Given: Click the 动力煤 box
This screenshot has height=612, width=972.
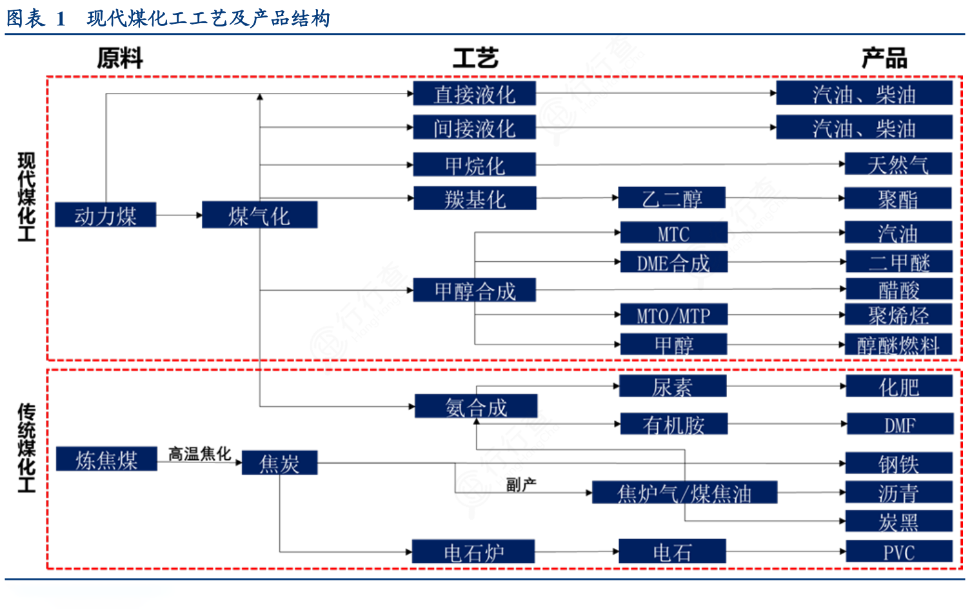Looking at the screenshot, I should (105, 215).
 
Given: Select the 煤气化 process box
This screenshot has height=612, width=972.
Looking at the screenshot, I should (259, 215).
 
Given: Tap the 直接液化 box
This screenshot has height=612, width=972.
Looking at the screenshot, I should (474, 94).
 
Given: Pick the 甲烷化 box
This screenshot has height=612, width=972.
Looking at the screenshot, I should (474, 164).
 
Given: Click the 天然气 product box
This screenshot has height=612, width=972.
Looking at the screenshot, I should (898, 164).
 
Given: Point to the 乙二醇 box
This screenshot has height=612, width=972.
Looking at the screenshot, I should (671, 197).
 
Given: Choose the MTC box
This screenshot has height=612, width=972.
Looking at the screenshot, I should (673, 233).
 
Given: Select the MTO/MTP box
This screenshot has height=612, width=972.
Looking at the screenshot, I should (673, 315).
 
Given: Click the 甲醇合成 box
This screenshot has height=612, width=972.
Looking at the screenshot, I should (475, 290).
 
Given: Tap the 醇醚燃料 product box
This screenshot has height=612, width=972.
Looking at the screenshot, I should (898, 344).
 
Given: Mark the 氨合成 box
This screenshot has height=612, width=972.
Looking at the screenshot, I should (476, 406).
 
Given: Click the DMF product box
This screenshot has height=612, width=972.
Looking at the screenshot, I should (900, 424).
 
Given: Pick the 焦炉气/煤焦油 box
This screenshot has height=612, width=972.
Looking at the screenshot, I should (684, 493).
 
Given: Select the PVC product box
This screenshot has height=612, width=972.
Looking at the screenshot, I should (899, 552).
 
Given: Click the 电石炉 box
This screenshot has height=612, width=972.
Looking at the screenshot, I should (473, 552).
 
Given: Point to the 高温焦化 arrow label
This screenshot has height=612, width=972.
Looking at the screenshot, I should (199, 453).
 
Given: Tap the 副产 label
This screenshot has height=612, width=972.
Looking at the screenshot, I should (521, 484).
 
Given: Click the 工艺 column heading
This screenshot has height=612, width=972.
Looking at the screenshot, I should (475, 58).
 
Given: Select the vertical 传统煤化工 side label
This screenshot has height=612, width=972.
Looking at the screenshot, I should (26, 448).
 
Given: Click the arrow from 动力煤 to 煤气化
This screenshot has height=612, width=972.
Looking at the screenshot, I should (179, 215).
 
